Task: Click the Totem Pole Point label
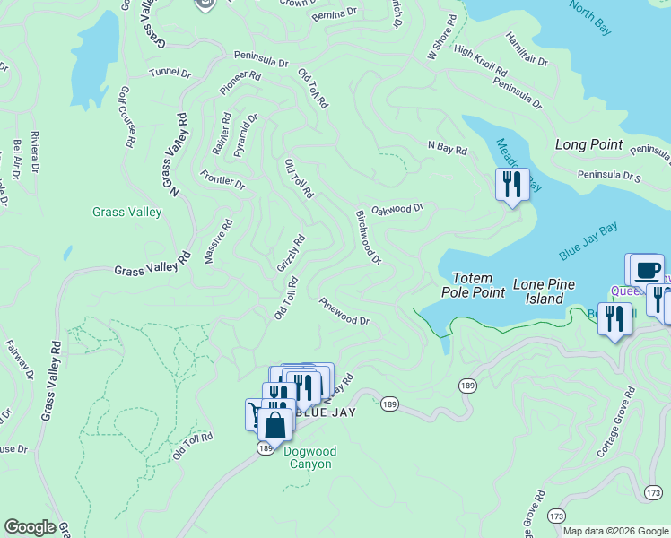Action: click(x=473, y=284)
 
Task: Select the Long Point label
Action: click(x=588, y=144)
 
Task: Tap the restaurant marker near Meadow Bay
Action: click(x=511, y=186)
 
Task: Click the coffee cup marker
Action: click(x=647, y=270)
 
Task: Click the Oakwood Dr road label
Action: click(x=396, y=208)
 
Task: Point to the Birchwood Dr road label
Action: click(x=369, y=237)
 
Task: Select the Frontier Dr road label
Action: click(x=222, y=179)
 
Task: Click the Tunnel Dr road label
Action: click(x=170, y=72)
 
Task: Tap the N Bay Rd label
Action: click(x=448, y=149)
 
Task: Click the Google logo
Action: click(x=30, y=527)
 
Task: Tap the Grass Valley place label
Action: click(x=126, y=213)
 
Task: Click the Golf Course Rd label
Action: click(x=126, y=117)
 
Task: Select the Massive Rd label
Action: click(x=218, y=241)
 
